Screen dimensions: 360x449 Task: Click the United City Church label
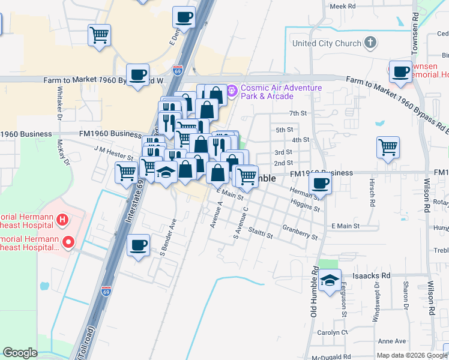[327, 43]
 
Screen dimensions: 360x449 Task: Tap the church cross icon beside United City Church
[371, 43]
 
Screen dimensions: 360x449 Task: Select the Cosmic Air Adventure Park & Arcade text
[281, 92]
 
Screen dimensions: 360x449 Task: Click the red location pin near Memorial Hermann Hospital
[68, 242]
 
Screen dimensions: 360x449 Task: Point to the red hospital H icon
[62, 220]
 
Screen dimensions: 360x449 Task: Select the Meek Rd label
[343, 6]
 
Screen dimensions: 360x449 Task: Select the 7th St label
[298, 113]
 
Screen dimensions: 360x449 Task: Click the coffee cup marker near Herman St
[320, 184]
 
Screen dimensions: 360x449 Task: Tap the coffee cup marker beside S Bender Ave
[139, 245]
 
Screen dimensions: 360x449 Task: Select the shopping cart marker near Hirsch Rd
[388, 147]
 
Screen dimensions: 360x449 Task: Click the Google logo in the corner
[20, 353]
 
